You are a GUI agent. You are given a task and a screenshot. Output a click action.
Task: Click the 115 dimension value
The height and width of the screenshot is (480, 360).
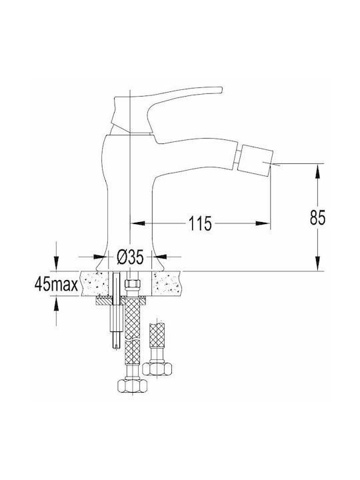pyautogui.click(x=200, y=223)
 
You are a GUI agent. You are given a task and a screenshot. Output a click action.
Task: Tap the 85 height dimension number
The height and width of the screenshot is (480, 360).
pyautogui.click(x=317, y=217)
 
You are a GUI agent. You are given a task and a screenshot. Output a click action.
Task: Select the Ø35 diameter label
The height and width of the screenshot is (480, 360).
pyautogui.click(x=130, y=256)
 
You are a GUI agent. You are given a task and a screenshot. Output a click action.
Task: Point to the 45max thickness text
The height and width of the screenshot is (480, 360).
pyautogui.click(x=56, y=285)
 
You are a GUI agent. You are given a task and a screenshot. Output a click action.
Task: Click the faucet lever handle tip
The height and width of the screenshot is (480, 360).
pyautogui.click(x=221, y=90)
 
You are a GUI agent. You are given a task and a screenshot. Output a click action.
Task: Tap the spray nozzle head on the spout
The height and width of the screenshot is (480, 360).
pyautogui.click(x=256, y=159)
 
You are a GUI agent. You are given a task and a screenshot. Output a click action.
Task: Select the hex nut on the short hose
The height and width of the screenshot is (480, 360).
pyautogui.click(x=157, y=369)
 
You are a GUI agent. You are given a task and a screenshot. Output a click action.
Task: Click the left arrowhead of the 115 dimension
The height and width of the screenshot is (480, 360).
pyautogui.click(x=137, y=223)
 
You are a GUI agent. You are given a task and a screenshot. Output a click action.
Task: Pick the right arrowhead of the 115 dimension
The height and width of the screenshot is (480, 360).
pyautogui.click(x=263, y=223)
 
